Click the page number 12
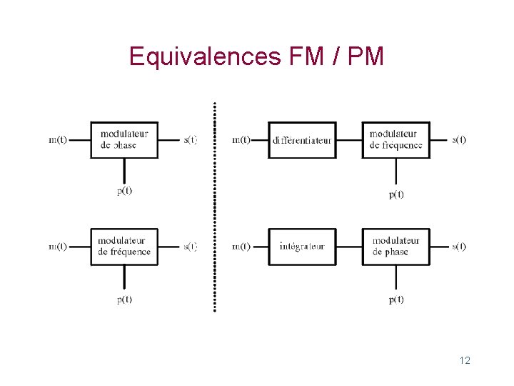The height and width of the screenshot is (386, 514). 465,360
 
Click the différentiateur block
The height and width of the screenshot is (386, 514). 302,140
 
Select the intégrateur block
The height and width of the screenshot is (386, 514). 302,247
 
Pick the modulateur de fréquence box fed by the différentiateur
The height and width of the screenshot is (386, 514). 396,139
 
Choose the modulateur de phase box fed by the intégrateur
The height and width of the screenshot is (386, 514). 396,247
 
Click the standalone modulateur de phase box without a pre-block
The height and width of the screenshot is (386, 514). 124,139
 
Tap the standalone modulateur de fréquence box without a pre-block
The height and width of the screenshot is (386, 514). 124,247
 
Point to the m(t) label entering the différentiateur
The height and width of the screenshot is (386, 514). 241,139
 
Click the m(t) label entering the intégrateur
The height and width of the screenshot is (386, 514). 241,247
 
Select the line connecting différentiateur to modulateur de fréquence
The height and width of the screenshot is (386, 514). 349,139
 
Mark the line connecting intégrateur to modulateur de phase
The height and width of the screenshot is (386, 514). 349,247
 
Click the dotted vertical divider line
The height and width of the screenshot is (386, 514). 214,207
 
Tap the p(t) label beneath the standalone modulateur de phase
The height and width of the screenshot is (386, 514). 124,191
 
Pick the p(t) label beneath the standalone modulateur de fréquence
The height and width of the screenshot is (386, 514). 124,300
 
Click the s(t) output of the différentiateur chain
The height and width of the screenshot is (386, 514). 459,139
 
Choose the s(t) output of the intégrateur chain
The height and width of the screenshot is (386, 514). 459,247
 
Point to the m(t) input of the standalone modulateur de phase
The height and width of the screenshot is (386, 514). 58,139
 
